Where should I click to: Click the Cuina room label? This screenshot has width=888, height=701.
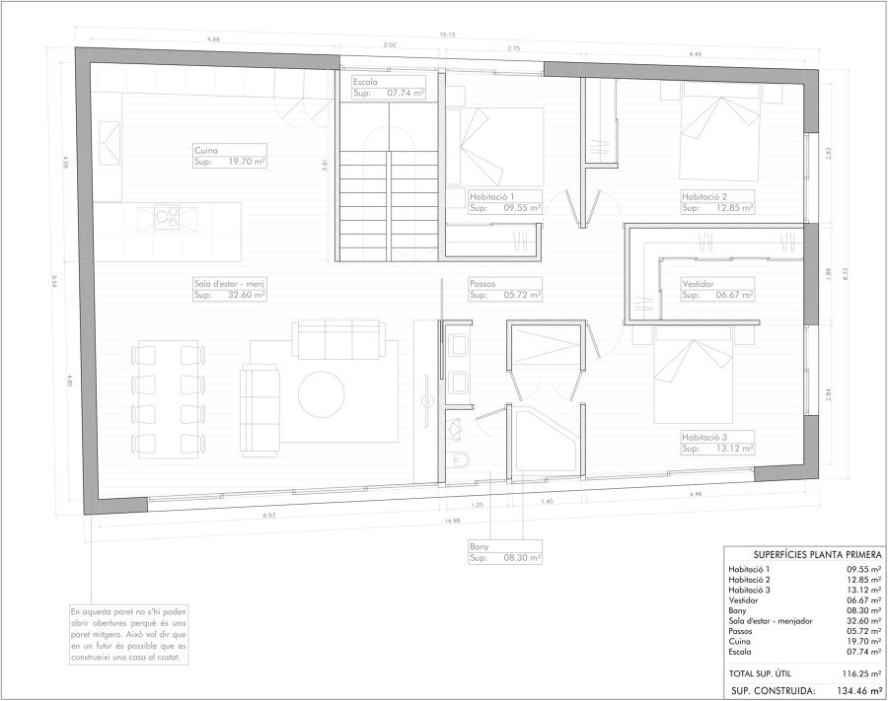pos(206,150)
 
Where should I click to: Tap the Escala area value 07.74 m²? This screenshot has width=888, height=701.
pos(406,93)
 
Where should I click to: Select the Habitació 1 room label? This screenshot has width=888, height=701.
pos(492,196)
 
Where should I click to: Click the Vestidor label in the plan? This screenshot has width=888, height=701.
pos(699,283)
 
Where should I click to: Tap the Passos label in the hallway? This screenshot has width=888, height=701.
pos(483,283)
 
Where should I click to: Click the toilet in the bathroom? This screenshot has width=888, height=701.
pos(457,460)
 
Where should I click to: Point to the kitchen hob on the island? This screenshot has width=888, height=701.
pos(164,215)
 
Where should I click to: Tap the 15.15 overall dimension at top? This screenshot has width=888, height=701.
pos(448,36)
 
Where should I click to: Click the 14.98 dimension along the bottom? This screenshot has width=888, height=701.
pos(452,521)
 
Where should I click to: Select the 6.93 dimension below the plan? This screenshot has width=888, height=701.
pos(268,515)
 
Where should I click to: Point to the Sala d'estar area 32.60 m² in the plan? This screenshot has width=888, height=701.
pos(246,294)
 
